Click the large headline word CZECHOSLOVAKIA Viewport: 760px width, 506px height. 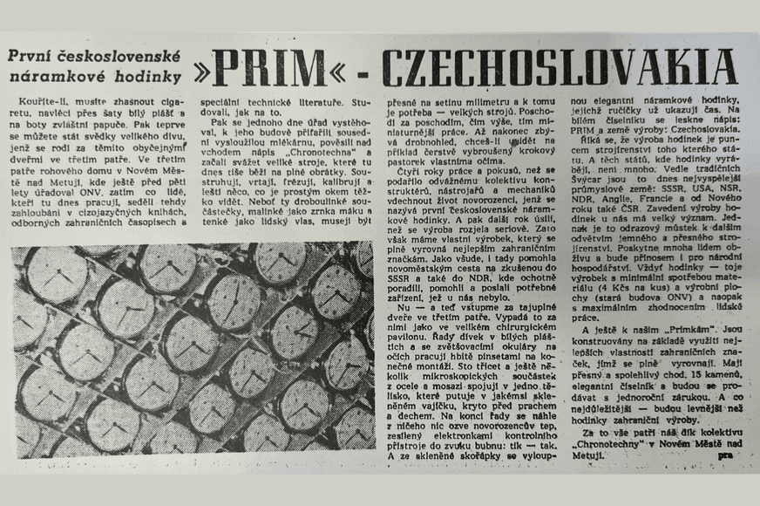click(558, 65)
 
